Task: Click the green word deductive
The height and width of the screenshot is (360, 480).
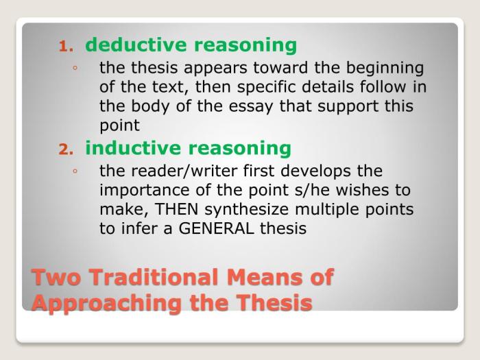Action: [136, 45]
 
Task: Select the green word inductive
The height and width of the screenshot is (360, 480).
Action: [133, 148]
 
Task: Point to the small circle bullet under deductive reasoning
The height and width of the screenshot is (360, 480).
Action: [75, 68]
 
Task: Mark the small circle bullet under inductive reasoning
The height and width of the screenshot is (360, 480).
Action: [75, 171]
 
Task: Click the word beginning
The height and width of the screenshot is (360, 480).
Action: [385, 69]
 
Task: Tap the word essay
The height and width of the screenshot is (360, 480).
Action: [251, 107]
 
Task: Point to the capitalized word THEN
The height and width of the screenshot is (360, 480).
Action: [177, 209]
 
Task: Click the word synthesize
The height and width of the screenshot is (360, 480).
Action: [247, 210]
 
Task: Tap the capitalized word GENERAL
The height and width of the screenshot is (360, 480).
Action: [216, 228]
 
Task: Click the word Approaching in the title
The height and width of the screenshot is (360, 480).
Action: [107, 304]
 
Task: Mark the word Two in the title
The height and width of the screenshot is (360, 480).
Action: [56, 277]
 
